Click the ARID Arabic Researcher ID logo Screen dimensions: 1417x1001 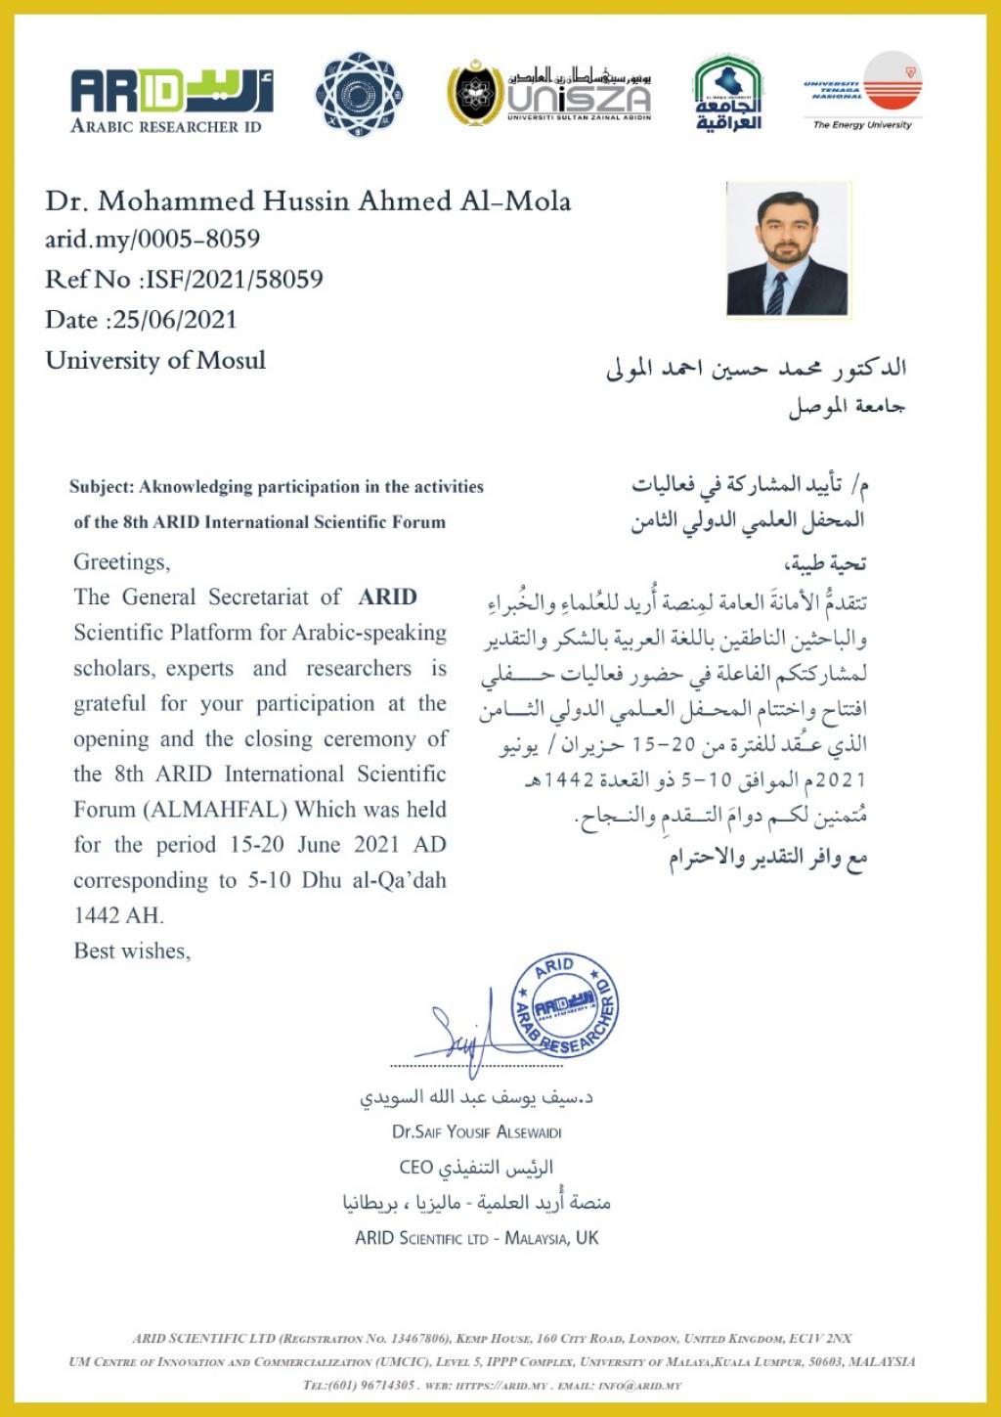(171, 99)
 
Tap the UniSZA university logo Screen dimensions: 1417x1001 (550, 95)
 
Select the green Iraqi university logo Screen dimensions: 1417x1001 (727, 94)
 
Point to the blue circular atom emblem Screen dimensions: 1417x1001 (359, 95)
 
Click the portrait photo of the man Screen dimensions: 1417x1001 (788, 248)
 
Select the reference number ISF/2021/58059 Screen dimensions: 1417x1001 (234, 280)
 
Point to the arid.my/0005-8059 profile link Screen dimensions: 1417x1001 (152, 239)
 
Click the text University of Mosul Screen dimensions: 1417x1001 (155, 360)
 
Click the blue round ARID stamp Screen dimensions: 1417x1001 (565, 1005)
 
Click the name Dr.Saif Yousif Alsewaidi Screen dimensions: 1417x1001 (476, 1131)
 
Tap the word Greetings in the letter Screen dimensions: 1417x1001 (121, 562)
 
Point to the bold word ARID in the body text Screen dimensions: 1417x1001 (387, 597)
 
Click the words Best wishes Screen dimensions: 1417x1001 (132, 951)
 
